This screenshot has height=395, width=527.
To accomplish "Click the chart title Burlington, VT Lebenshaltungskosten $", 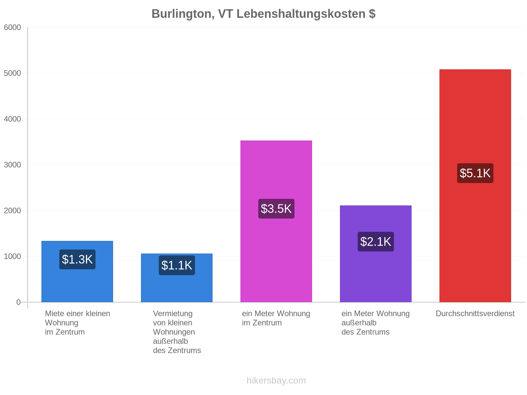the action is click(263, 14).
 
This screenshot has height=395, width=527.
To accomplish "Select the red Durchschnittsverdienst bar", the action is click(475, 186).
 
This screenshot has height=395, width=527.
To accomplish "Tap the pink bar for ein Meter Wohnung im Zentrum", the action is click(276, 221).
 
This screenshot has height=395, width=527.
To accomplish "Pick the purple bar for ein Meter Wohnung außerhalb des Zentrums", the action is click(375, 254).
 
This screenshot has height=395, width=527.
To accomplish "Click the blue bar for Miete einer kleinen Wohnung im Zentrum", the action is click(77, 272).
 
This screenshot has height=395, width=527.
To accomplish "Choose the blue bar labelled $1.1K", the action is click(177, 278).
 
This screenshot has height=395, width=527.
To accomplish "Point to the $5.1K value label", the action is click(475, 173).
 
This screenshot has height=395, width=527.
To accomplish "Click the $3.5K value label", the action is click(276, 209).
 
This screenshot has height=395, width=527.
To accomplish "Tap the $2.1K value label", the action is click(375, 242).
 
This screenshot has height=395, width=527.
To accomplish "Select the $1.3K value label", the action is click(77, 259).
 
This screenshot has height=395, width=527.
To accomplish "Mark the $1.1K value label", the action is click(177, 265).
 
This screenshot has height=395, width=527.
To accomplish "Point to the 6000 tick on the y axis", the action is click(12, 27).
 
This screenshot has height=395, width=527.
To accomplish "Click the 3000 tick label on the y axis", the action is click(12, 165).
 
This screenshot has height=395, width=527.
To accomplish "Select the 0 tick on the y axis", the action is click(18, 302).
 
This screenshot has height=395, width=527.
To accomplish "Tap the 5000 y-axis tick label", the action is click(12, 73).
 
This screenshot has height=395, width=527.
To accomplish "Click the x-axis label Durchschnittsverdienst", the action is click(475, 313).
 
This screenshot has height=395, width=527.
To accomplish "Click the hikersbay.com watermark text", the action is click(276, 381).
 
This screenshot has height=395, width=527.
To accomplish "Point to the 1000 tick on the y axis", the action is click(12, 256).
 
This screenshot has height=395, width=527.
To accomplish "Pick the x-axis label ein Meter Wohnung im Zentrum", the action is click(276, 318).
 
